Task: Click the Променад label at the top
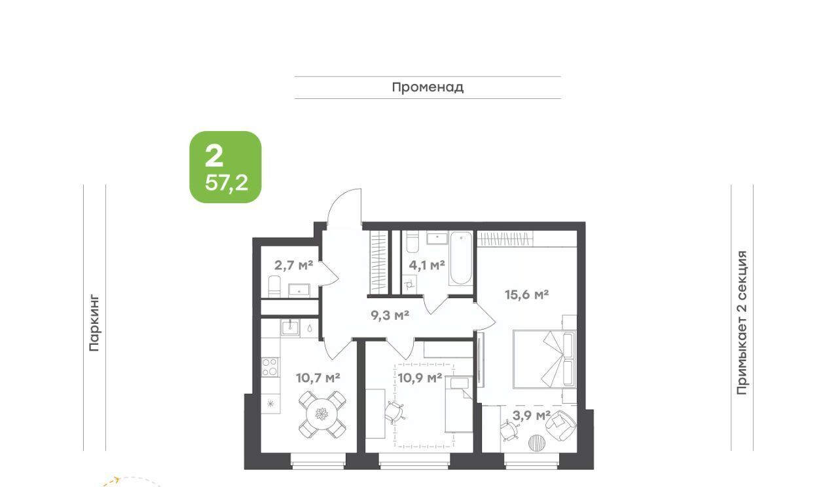(428, 88)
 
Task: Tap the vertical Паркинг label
(94, 323)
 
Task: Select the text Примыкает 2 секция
(742, 322)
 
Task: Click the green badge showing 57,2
(226, 167)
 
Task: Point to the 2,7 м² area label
(294, 265)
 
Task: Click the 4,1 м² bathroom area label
(427, 265)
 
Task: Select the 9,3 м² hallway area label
(390, 315)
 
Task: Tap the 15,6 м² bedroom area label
(527, 295)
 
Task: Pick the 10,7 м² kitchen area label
(318, 378)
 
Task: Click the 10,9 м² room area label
(420, 378)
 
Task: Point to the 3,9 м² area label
(531, 415)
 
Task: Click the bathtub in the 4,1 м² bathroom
(461, 259)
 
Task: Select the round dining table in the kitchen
(322, 415)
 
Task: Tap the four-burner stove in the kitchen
(270, 367)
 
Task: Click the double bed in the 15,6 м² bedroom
(545, 359)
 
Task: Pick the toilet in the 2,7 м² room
(274, 286)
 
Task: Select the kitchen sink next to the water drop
(290, 328)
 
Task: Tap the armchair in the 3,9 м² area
(561, 425)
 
